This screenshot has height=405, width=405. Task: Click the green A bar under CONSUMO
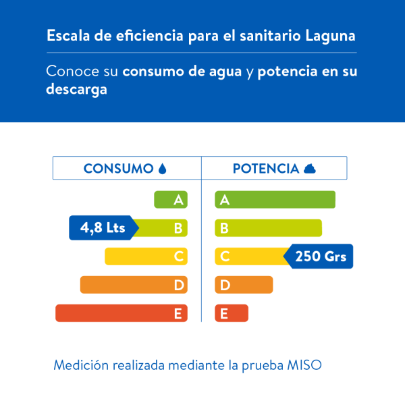tap(171, 200)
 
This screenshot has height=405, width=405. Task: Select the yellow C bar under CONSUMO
tap(146, 256)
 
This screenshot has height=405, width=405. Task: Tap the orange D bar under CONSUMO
tap(134, 285)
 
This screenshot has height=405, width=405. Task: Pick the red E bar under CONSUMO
tap(122, 313)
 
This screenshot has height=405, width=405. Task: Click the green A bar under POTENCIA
tap(275, 200)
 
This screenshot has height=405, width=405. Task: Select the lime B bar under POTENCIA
tap(268, 228)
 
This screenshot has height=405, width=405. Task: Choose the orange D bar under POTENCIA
tap(244, 285)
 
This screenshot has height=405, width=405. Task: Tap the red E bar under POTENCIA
tap(232, 313)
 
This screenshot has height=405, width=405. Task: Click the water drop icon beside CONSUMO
tap(162, 169)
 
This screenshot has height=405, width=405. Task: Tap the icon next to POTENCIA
tap(310, 169)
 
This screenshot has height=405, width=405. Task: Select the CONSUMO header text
tap(118, 169)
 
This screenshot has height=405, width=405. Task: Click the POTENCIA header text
tap(265, 169)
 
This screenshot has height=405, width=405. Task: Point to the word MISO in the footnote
tap(305, 366)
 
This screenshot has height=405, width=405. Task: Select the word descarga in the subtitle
tap(77, 90)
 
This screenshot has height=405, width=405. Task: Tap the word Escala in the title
tap(65, 35)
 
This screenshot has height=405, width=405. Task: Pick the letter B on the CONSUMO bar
tap(178, 228)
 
